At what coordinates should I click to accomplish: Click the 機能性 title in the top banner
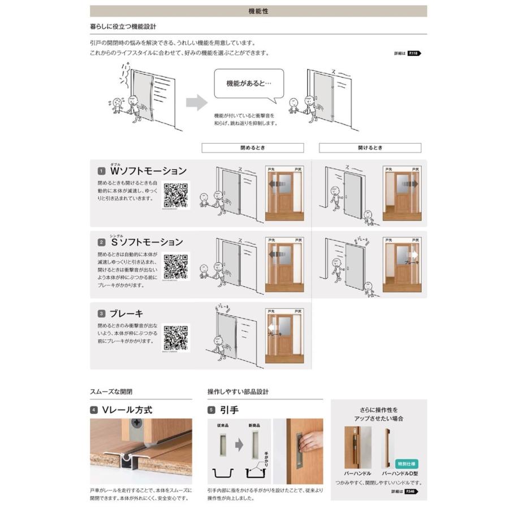click(258, 11)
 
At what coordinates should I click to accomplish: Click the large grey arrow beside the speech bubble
click(196, 102)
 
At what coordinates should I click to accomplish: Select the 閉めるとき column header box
click(252, 148)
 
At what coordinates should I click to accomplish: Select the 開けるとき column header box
click(370, 148)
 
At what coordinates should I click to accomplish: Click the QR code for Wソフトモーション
click(176, 195)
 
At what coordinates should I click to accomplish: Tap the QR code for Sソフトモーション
click(176, 266)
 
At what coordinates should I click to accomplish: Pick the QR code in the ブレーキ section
click(176, 338)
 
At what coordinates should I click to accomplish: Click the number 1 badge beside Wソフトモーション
click(101, 171)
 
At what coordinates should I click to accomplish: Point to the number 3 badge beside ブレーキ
click(101, 313)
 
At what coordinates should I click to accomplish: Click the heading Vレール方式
click(127, 409)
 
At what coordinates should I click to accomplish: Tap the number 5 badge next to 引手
click(212, 409)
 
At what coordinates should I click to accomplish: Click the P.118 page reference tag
click(414, 53)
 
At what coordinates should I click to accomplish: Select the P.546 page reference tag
click(414, 492)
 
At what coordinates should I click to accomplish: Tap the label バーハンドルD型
click(400, 473)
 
